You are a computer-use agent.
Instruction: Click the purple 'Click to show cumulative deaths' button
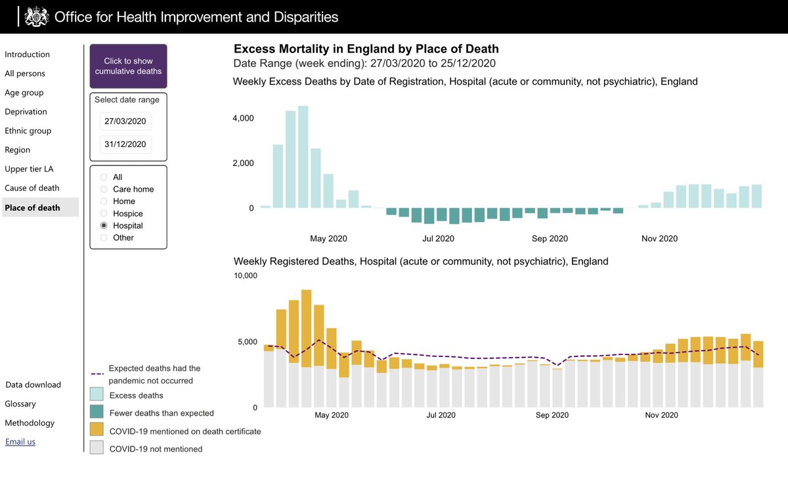pos(128,66)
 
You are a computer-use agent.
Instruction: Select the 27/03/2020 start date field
pos(125,121)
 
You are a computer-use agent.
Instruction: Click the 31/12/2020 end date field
pos(125,144)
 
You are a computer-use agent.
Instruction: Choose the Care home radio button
pos(103,189)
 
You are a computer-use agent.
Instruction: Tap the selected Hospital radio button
pos(103,226)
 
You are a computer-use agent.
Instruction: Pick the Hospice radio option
pos(103,213)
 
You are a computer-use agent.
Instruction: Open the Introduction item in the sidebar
pos(27,54)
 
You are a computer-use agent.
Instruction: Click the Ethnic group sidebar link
pos(28,131)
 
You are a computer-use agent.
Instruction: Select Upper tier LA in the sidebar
pos(29,169)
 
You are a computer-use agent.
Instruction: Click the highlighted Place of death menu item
pos(32,207)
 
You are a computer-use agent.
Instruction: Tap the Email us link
pos(20,442)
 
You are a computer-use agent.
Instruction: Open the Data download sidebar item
pos(33,385)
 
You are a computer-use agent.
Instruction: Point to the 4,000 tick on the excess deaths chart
pos(242,118)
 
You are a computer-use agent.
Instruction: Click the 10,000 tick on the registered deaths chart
pos(246,276)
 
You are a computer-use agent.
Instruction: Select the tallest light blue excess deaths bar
pos(303,157)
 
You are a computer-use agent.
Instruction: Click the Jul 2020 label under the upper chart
pos(438,239)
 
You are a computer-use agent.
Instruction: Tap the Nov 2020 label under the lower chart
pos(661,415)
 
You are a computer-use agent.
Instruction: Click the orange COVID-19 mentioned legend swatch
pos(97,431)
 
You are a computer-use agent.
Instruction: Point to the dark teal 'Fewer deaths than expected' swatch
pos(97,413)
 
